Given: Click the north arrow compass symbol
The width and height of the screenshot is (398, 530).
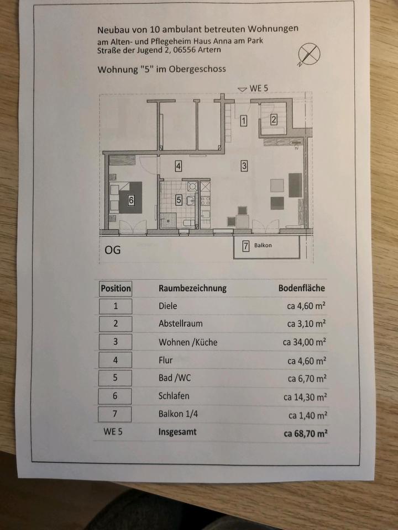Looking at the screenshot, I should [x=309, y=54].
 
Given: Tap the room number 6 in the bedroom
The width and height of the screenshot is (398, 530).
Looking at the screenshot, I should [x=131, y=201].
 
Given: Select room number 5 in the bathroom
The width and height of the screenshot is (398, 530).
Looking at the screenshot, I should [x=179, y=200].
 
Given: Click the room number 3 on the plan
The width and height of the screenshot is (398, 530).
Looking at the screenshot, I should [x=244, y=165].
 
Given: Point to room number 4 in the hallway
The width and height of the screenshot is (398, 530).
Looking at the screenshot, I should [x=178, y=165].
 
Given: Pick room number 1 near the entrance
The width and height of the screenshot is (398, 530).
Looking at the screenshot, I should [x=243, y=121].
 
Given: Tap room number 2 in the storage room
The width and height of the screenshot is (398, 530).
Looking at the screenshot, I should [x=273, y=118].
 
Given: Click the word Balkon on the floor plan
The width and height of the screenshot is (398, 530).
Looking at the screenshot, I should [x=263, y=245].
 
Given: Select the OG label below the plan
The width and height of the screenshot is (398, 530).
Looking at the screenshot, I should [x=112, y=250].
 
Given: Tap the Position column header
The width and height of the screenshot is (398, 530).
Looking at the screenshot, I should [x=116, y=288].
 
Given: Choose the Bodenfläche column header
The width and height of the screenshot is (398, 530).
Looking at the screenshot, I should [x=301, y=288].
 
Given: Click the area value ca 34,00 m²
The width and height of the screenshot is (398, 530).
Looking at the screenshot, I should [x=305, y=342].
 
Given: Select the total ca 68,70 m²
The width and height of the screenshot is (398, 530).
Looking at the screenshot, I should [x=306, y=434].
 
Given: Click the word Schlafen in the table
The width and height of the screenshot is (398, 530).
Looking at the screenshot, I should [x=174, y=396].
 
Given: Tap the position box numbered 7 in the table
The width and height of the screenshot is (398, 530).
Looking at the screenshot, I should [x=115, y=414].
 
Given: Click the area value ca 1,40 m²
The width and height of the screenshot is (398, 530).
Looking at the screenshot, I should [x=307, y=415].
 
